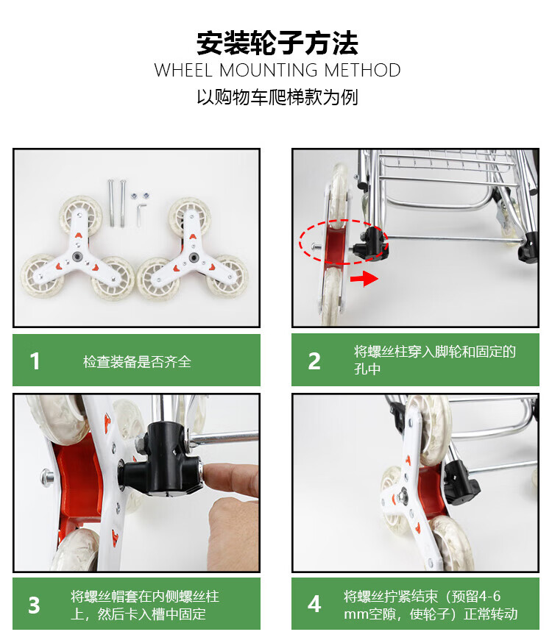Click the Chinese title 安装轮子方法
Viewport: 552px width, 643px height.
277,43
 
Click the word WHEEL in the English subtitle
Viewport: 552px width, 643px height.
183,70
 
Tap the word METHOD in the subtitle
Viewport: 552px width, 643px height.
362,70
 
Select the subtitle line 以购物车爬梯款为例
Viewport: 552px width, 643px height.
277,97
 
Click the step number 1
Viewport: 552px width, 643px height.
35,361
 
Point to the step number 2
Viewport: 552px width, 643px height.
314,361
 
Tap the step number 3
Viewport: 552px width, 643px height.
34,605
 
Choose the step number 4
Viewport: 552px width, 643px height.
314,604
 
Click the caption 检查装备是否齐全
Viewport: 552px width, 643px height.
137,362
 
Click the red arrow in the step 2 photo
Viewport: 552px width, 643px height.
364,279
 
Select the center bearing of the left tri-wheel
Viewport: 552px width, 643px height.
77,257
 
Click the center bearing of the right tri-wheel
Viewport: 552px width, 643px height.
193,257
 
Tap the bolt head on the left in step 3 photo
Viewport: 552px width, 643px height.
47,477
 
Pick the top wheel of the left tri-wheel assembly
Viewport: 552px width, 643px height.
81,213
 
